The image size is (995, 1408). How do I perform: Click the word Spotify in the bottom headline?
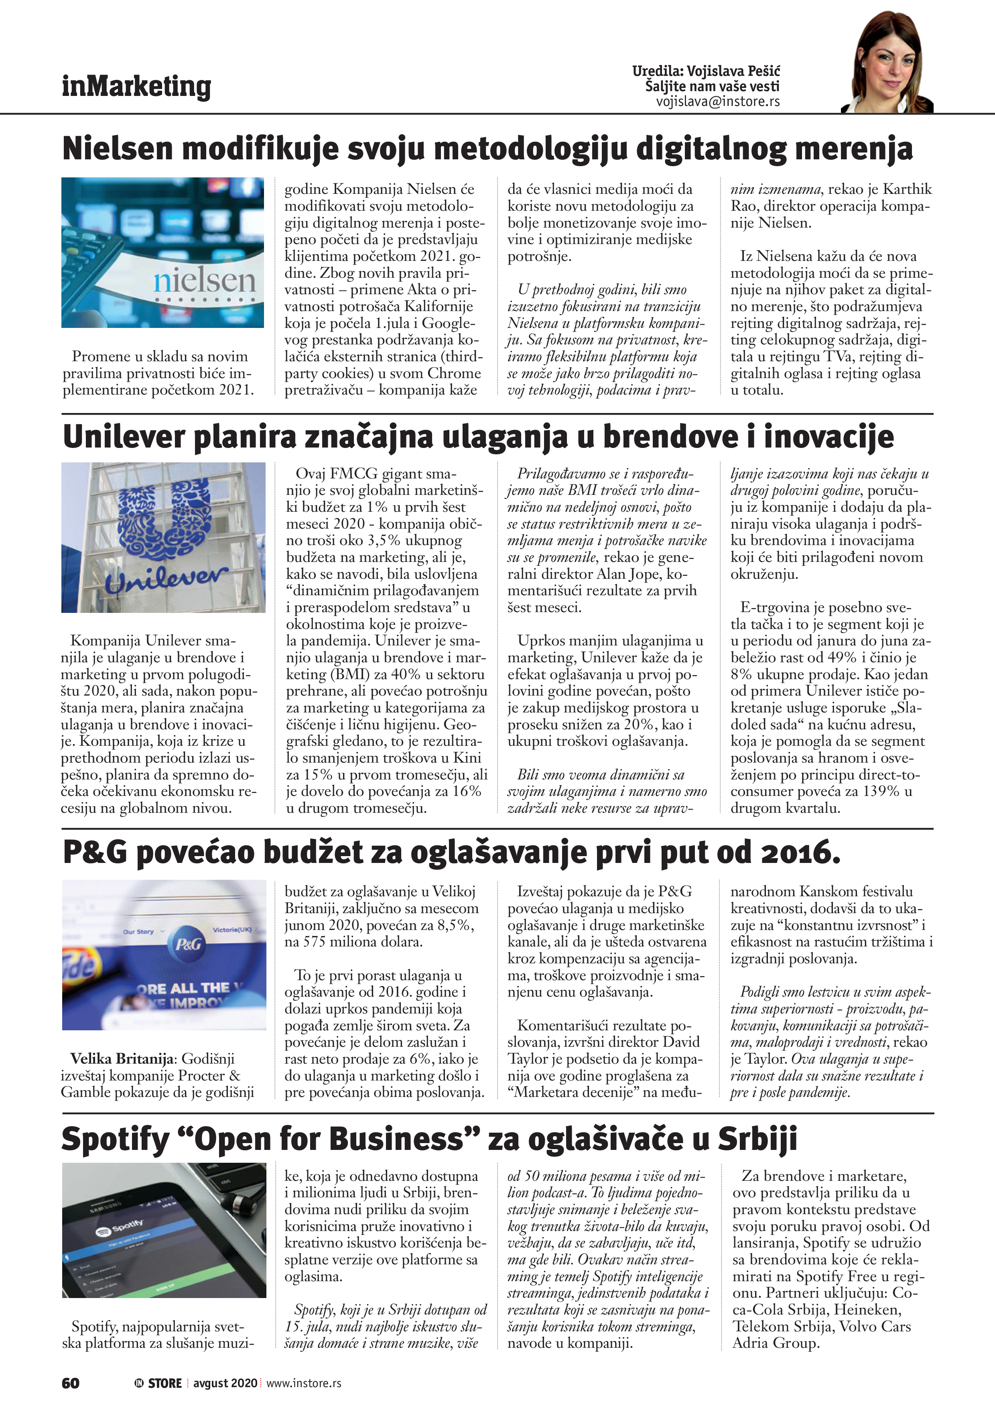click(115, 1139)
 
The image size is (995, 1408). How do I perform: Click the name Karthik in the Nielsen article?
click(907, 189)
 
